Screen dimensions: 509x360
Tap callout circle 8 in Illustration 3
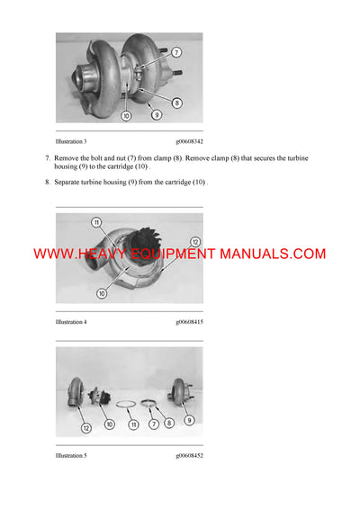176,103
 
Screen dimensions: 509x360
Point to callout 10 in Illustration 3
126,114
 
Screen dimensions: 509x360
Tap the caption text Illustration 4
71,321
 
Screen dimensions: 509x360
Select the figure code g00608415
190,321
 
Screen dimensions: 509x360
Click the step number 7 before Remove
47,157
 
